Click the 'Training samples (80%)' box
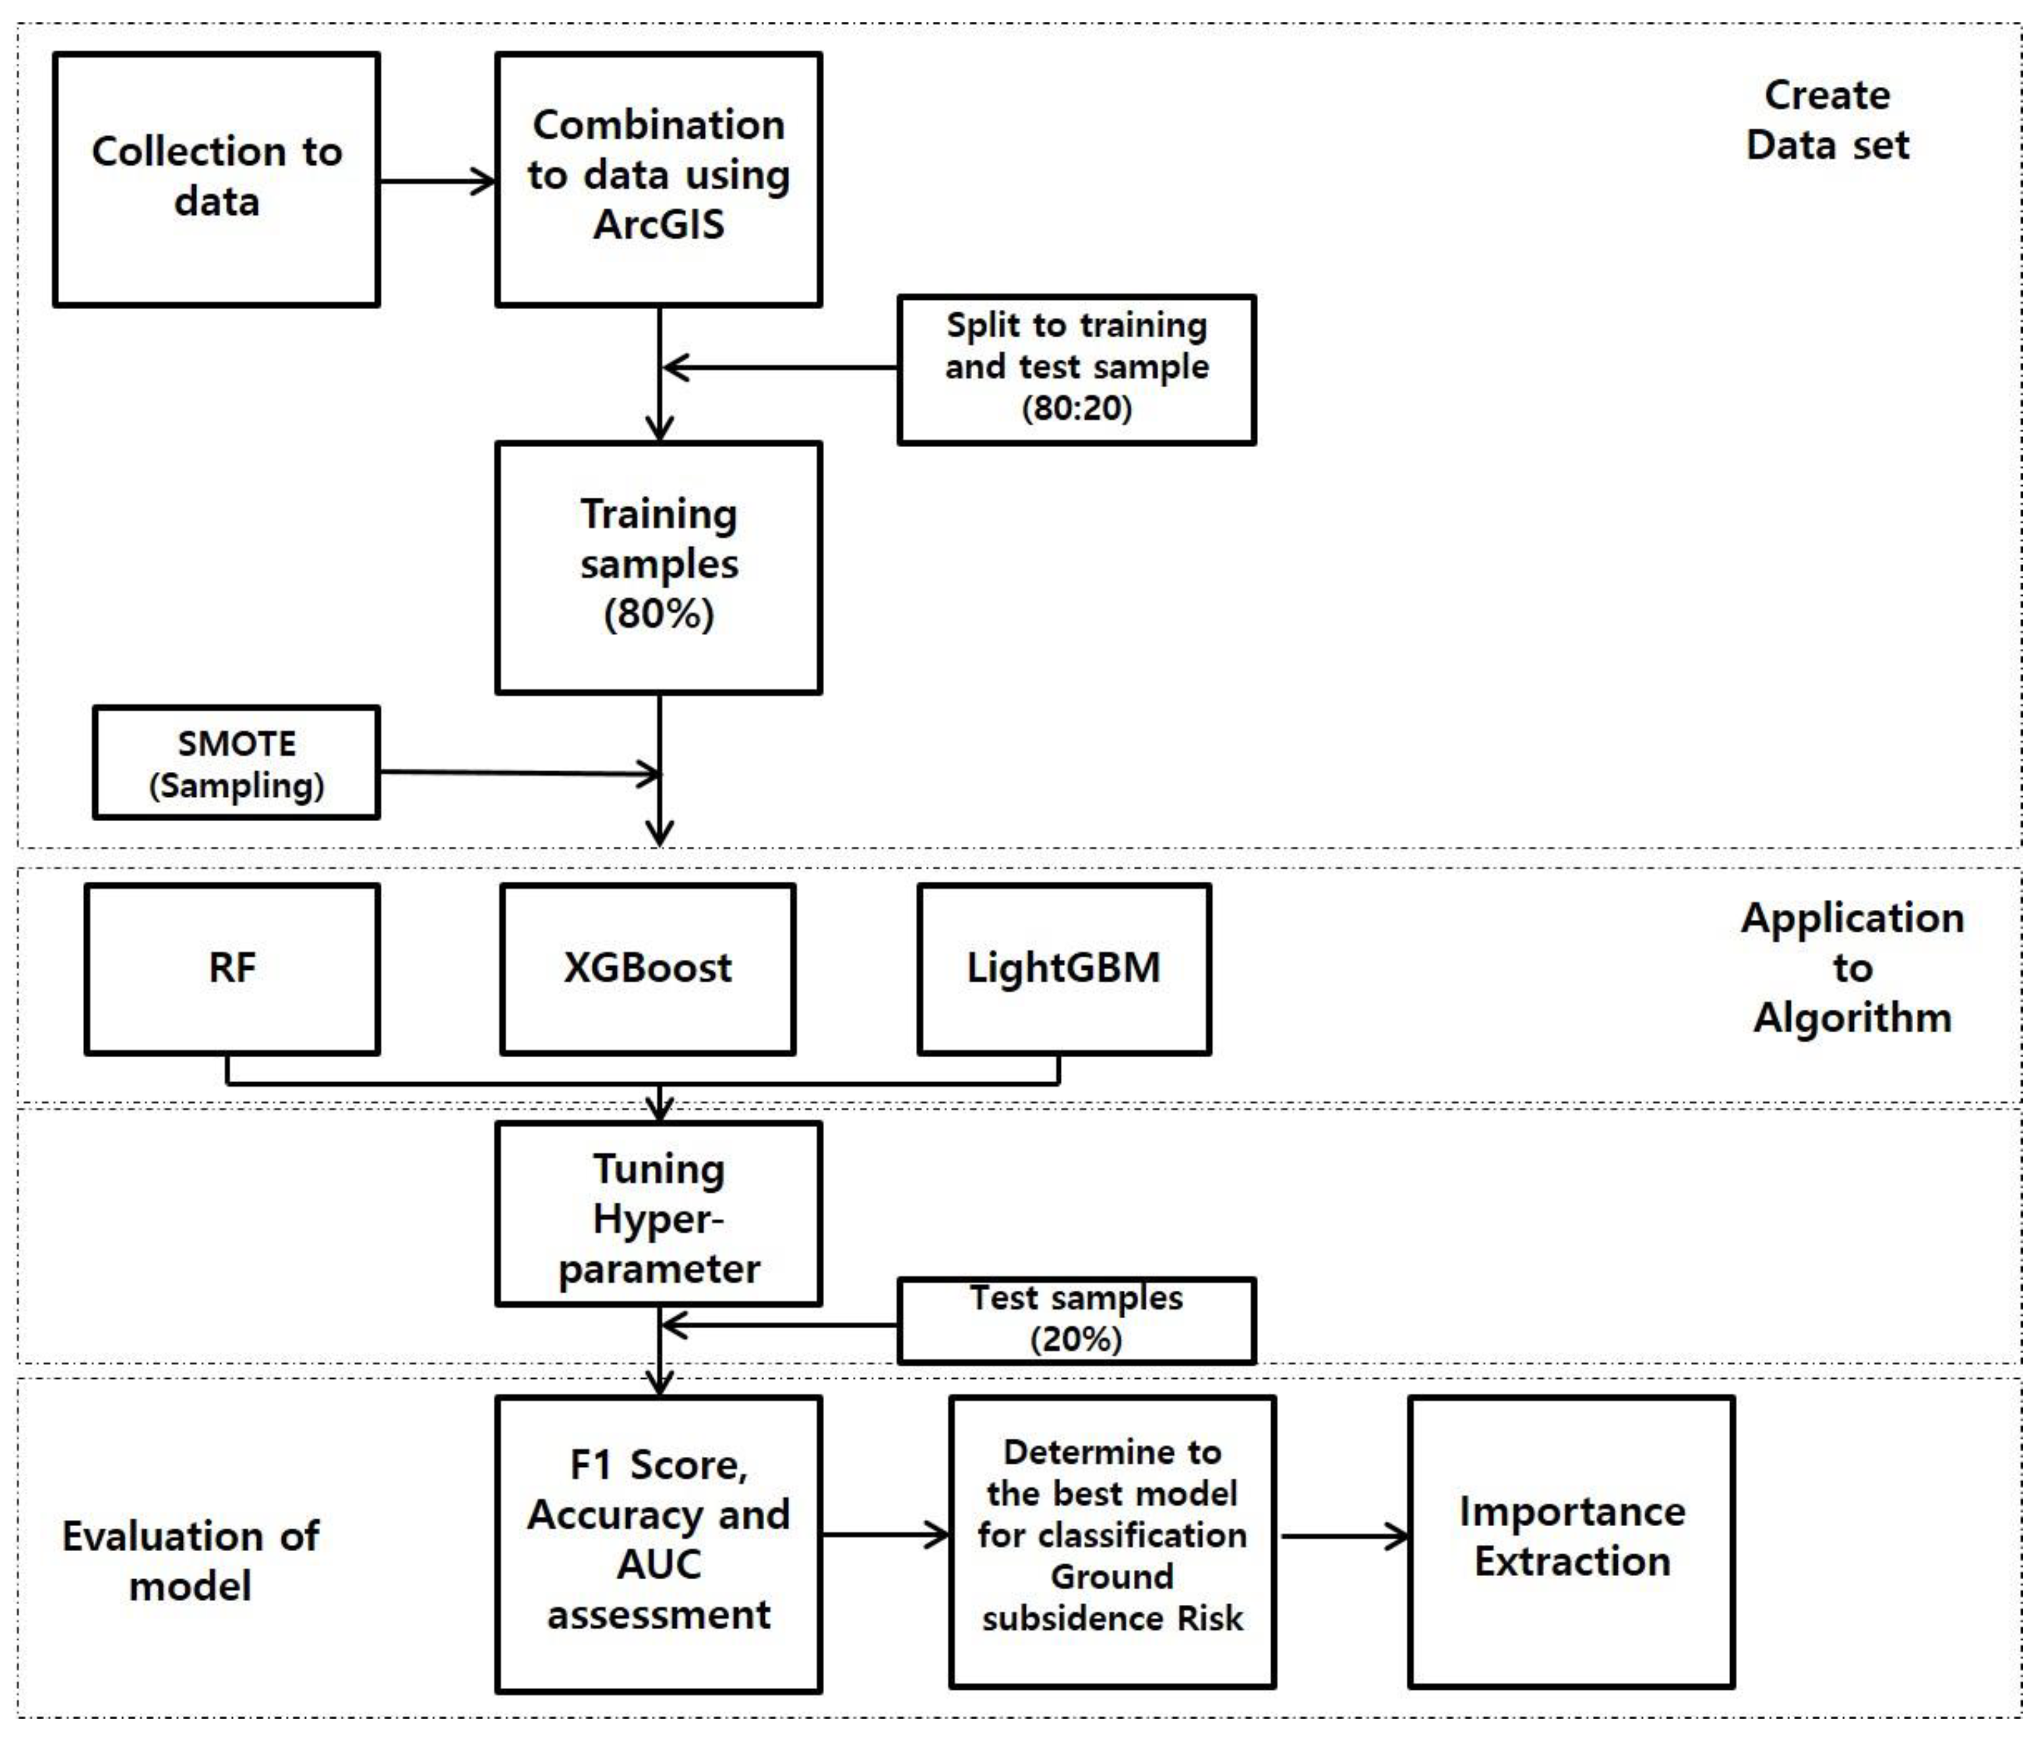point(658,567)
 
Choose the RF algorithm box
point(232,969)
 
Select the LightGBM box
point(1063,969)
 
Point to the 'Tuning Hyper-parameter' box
point(658,1216)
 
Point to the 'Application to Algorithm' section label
point(1851,968)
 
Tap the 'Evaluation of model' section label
point(190,1561)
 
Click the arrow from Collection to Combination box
point(438,181)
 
